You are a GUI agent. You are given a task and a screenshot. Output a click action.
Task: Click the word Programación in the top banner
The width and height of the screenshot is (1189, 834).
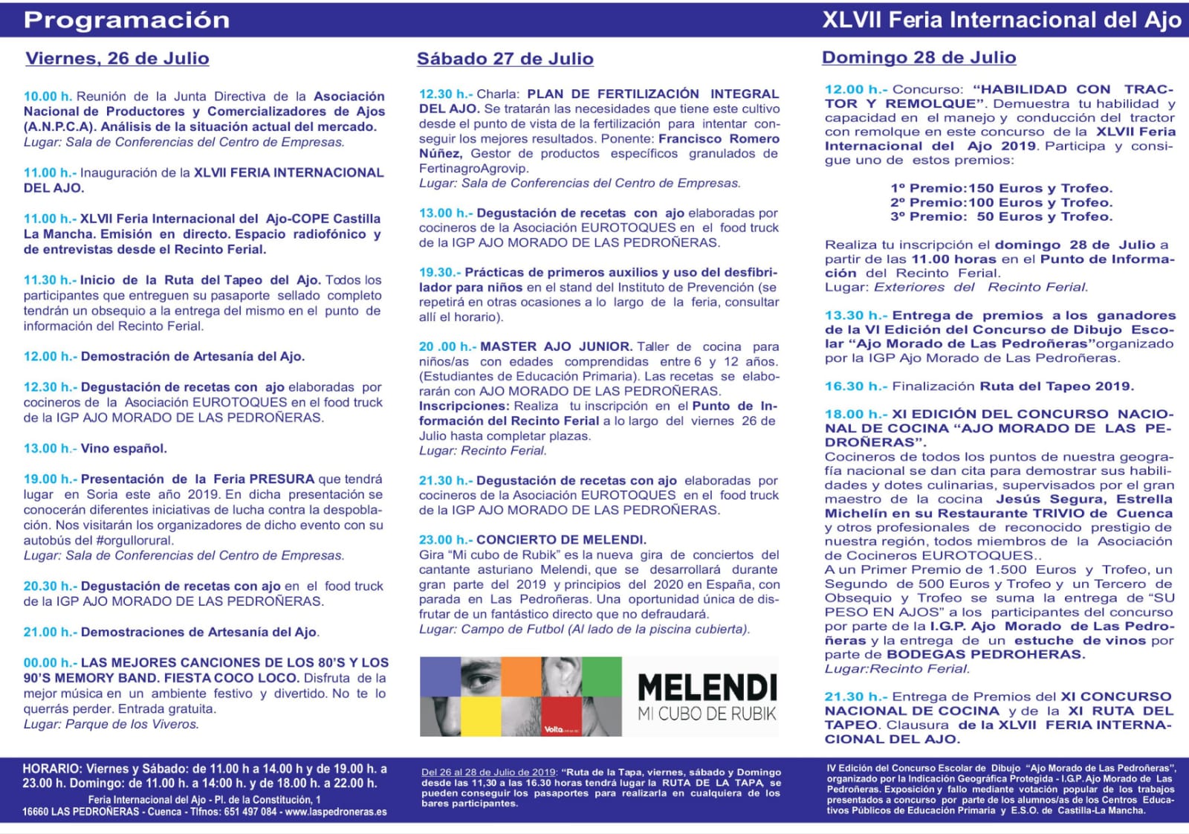127,20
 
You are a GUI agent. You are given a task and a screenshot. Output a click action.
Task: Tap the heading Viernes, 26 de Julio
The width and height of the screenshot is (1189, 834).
117,59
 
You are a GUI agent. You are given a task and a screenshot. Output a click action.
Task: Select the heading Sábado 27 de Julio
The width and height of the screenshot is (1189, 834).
505,59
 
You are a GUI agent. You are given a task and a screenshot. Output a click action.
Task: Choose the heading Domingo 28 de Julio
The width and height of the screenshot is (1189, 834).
919,58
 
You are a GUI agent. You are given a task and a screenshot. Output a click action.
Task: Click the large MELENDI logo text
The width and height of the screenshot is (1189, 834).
707,688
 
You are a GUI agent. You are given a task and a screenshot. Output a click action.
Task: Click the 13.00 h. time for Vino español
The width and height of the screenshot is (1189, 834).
50,448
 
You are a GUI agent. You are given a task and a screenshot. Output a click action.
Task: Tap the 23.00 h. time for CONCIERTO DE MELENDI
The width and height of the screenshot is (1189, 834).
445,540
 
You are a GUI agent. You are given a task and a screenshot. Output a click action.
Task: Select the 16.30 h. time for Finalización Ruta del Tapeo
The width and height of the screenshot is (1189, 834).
855,387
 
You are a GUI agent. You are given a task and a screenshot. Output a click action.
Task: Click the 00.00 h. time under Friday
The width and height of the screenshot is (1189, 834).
50,662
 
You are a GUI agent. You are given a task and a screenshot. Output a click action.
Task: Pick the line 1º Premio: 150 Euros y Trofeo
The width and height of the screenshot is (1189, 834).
1001,189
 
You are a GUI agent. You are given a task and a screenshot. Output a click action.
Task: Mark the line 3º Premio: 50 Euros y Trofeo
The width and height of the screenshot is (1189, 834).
1001,217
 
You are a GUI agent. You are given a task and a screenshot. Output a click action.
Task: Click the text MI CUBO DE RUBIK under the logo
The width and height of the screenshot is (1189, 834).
707,714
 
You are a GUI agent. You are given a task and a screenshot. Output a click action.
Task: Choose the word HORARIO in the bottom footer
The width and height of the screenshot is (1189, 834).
51,769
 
